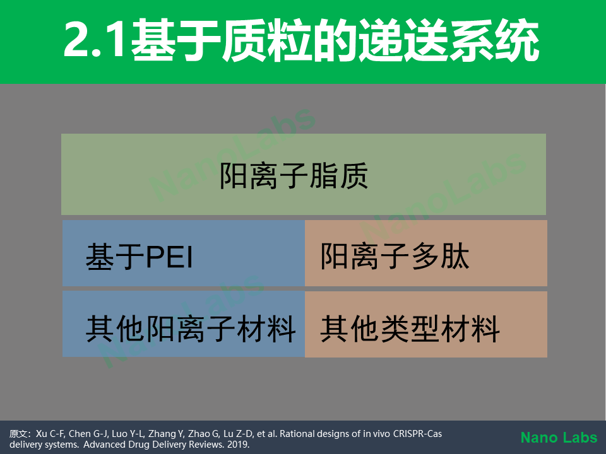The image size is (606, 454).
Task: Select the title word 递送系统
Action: point(449,40)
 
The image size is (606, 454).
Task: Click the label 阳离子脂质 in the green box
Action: point(294,176)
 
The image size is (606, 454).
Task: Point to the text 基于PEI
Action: point(139,257)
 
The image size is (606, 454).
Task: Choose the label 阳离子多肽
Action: point(395,257)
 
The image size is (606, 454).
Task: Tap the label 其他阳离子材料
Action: point(191,329)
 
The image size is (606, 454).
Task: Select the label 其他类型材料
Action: point(410,329)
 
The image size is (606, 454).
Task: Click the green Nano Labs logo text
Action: point(559,438)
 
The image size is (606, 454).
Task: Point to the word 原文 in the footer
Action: point(18,434)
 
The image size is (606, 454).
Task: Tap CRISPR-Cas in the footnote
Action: point(417,434)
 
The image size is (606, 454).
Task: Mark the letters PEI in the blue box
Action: point(169,257)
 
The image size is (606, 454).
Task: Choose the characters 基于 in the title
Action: point(176,40)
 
